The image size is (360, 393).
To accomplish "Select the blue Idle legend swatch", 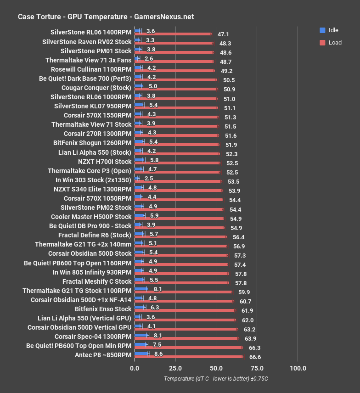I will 322,30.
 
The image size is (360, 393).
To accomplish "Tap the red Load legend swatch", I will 322,43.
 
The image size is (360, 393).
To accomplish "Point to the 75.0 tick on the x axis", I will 257,368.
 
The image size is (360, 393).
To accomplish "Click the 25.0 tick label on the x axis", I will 175,368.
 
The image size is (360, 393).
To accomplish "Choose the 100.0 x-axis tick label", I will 298,368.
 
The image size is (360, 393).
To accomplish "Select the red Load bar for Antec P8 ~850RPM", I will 188,356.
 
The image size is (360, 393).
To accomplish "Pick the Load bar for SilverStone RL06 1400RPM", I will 173,34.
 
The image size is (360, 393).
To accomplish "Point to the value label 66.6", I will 255,356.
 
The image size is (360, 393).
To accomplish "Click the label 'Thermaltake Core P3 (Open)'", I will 90,171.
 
